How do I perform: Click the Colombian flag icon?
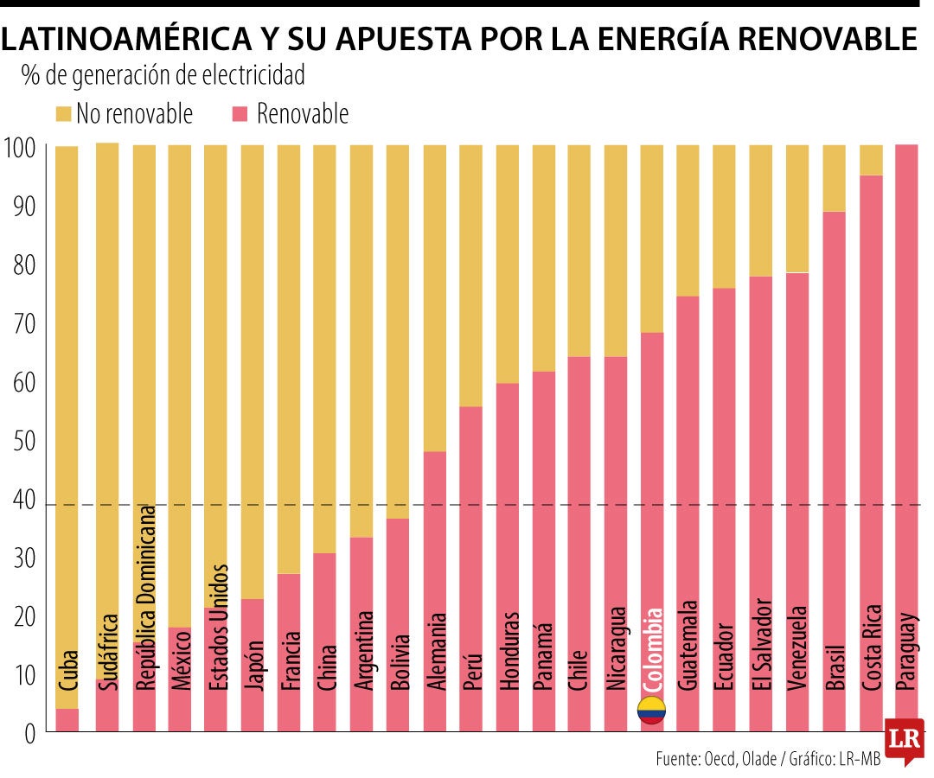[651, 710]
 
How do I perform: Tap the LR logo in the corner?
[904, 740]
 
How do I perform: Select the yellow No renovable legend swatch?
[64, 113]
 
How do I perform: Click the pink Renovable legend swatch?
[241, 113]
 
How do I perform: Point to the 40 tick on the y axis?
[22, 501]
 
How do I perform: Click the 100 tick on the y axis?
[20, 149]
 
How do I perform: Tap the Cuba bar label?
[67, 669]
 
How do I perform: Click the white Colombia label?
[652, 649]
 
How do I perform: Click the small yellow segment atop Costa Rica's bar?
[870, 160]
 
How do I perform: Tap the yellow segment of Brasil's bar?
[834, 177]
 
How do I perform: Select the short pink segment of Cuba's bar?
[67, 720]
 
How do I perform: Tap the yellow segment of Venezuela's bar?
[796, 208]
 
